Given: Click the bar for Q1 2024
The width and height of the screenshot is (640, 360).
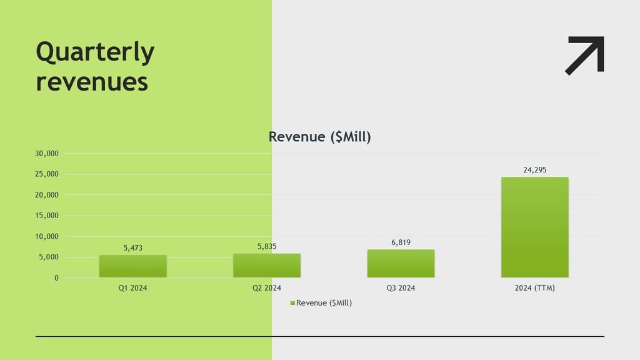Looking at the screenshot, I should tap(132, 266).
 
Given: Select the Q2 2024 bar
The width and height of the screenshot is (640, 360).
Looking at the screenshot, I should tap(267, 266).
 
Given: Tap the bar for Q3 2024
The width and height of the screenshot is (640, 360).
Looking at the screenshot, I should tap(401, 264).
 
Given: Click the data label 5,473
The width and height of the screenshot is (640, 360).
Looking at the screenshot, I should tap(132, 248).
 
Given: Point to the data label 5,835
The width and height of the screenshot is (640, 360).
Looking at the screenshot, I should tap(267, 247).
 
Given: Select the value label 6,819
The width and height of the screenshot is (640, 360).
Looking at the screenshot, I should tap(401, 242).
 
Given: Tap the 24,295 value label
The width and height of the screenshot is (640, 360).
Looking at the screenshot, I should tap(535, 170).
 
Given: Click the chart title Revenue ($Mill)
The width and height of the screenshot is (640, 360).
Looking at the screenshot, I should tap(319, 137).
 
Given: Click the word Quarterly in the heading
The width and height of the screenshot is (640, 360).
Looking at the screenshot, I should tap(95, 52).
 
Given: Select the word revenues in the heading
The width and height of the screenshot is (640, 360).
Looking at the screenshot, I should tap(92, 82).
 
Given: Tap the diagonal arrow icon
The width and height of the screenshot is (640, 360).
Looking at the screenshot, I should tap(586, 55).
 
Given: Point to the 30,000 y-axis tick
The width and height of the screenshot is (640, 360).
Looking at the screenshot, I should tap(47, 154).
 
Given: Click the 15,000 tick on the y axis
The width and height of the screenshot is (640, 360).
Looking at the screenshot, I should tap(47, 216).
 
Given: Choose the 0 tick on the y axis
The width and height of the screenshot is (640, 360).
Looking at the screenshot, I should tap(56, 278).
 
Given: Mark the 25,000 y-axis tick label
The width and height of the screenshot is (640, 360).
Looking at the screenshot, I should tap(47, 174).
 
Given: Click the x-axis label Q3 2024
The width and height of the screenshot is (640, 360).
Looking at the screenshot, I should tap(401, 288).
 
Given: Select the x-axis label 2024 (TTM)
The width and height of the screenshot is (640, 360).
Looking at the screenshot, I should tap(535, 288).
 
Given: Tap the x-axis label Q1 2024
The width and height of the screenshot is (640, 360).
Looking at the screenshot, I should tap(132, 288).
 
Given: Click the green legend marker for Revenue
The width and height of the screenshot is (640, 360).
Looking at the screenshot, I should tap(292, 304).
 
